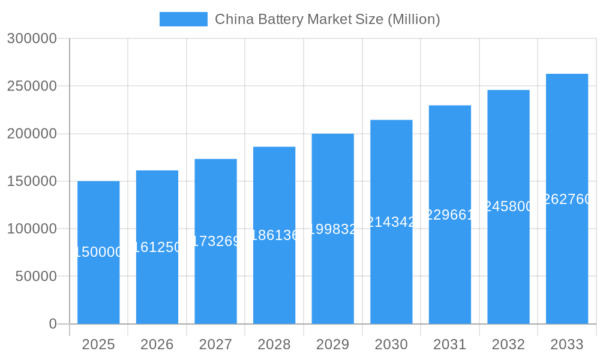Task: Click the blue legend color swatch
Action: pos(183,19)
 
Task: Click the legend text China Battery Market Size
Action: pos(327,19)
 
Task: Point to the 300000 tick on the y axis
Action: pos(32,38)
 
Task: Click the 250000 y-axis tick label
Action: pos(32,86)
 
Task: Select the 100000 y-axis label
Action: pos(32,229)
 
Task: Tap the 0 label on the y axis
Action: pos(52,324)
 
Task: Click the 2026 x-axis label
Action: pos(157,344)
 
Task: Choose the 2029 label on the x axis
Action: pos(332,344)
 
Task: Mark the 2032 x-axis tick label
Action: pos(508,344)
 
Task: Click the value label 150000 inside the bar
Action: pos(98,252)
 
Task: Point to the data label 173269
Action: pos(215,241)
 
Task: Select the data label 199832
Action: pos(332,229)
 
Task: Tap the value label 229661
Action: pos(450,215)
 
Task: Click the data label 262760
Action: pos(567,199)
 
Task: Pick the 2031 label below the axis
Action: pos(449,344)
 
